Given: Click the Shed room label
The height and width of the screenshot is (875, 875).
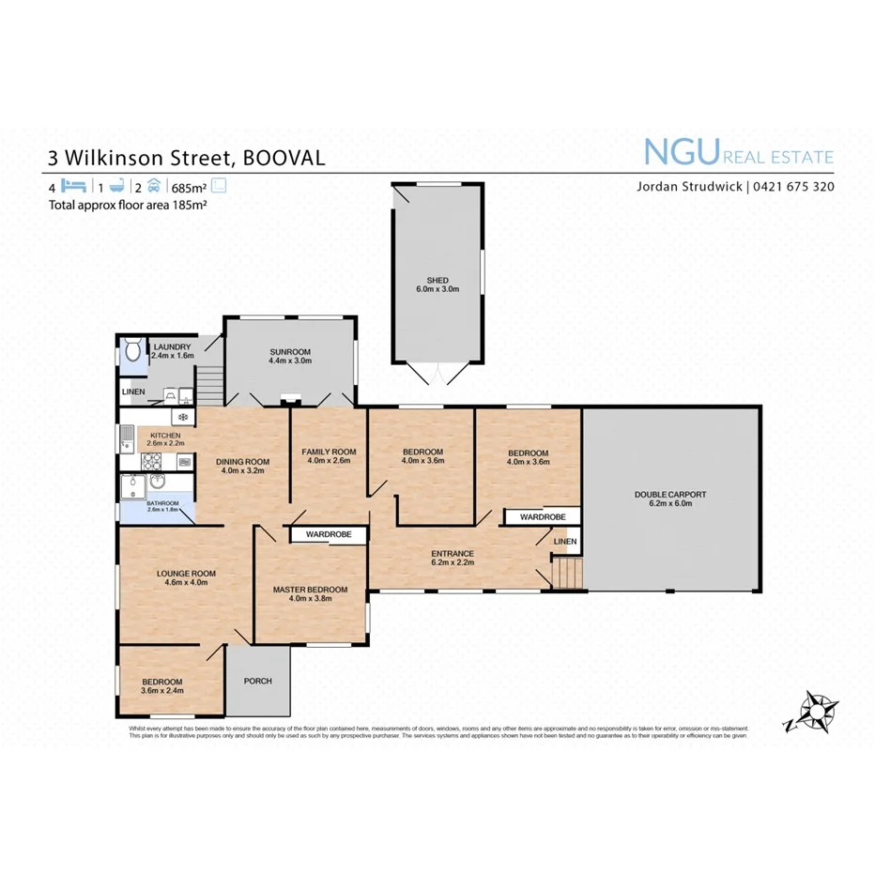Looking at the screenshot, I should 437,284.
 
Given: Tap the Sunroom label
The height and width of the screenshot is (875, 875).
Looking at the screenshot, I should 289,354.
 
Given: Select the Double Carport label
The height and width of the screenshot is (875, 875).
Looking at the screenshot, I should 669,498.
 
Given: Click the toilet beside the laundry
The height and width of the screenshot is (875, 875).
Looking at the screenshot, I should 131,352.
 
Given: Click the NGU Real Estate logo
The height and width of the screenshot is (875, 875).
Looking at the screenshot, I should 737,153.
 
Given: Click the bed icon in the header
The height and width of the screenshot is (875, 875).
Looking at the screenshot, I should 74,186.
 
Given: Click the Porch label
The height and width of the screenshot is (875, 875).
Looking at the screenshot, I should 257,681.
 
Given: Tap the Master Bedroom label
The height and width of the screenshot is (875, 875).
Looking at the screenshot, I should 310,594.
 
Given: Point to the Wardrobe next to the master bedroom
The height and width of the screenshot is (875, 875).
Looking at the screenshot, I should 328,534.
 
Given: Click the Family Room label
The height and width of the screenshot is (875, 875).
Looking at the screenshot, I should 329,456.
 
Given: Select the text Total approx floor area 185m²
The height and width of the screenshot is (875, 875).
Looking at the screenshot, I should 128,203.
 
